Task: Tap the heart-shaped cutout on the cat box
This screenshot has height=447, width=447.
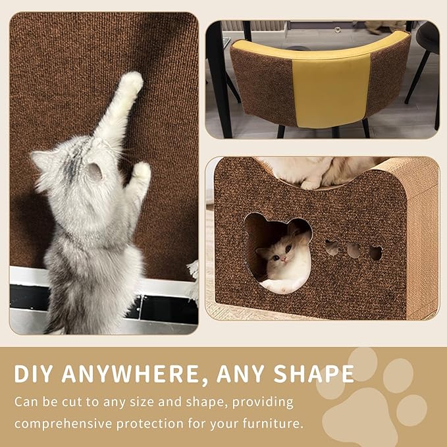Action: (x=375, y=252)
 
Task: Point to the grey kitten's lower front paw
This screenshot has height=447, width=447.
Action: (x=140, y=172)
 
